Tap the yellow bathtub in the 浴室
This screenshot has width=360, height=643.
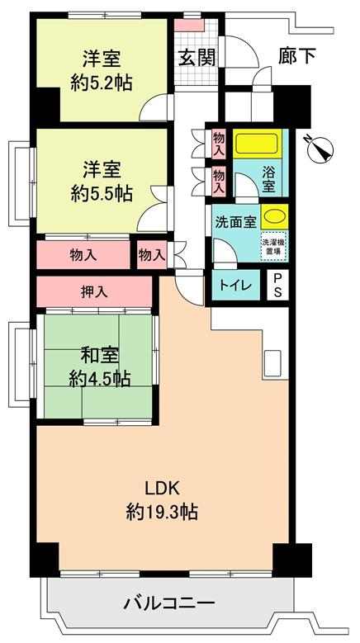click(258, 144)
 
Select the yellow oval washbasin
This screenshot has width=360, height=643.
click(274, 216)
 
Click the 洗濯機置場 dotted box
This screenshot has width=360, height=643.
click(275, 246)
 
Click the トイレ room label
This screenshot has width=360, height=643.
click(235, 286)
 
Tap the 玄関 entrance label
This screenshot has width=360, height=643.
click(197, 58)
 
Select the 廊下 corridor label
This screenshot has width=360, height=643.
click(297, 57)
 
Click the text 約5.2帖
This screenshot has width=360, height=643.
click(102, 83)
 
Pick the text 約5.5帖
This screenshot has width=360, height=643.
click(102, 193)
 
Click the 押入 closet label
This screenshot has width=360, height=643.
click(94, 291)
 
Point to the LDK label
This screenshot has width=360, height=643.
click(162, 489)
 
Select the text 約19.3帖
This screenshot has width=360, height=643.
click(162, 512)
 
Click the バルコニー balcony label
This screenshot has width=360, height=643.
click(169, 603)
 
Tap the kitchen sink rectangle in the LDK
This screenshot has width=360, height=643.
click(272, 363)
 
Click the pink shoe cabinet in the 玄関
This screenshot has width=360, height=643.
click(189, 25)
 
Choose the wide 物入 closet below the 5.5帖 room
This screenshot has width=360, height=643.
click(83, 255)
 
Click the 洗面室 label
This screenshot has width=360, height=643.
click(236, 222)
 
